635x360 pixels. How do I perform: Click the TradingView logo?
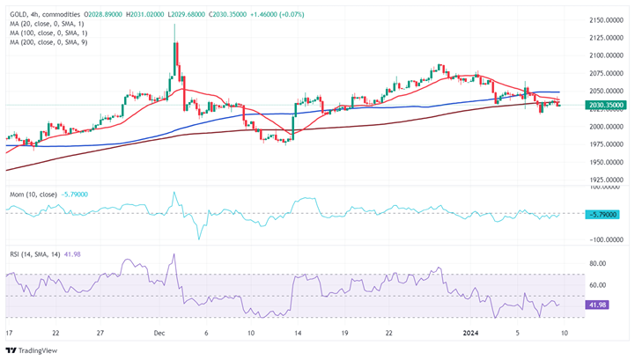31,349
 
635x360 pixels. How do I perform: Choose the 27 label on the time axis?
101,334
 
